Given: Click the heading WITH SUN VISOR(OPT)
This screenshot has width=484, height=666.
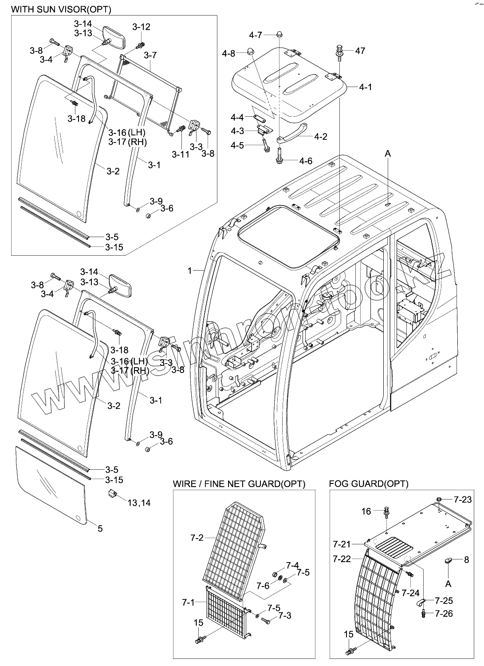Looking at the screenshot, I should [61, 9].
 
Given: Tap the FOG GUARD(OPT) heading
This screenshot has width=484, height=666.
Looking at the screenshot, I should [369, 484].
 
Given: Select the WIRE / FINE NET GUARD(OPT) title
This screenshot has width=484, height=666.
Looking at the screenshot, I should [239, 484].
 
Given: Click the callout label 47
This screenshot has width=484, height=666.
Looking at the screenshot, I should [360, 51].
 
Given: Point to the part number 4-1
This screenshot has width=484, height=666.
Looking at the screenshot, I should [365, 87].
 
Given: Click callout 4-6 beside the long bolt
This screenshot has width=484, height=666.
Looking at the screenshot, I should [306, 161].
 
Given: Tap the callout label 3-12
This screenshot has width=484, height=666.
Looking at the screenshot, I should [142, 27].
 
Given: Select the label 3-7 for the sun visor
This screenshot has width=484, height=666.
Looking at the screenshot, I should [150, 55].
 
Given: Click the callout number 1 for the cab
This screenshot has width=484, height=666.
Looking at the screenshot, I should [190, 270].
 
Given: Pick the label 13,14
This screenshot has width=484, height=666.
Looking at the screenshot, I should [139, 503].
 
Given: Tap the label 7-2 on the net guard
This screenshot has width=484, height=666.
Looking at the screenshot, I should [197, 538].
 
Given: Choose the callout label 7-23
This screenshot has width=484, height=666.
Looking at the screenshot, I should [463, 500].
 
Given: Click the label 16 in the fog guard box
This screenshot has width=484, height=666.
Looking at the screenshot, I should [366, 511].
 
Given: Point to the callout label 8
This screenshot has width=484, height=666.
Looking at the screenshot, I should [466, 560].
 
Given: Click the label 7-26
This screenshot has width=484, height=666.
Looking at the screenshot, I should [444, 614].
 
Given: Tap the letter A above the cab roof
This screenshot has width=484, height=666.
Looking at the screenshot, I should [388, 154].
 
